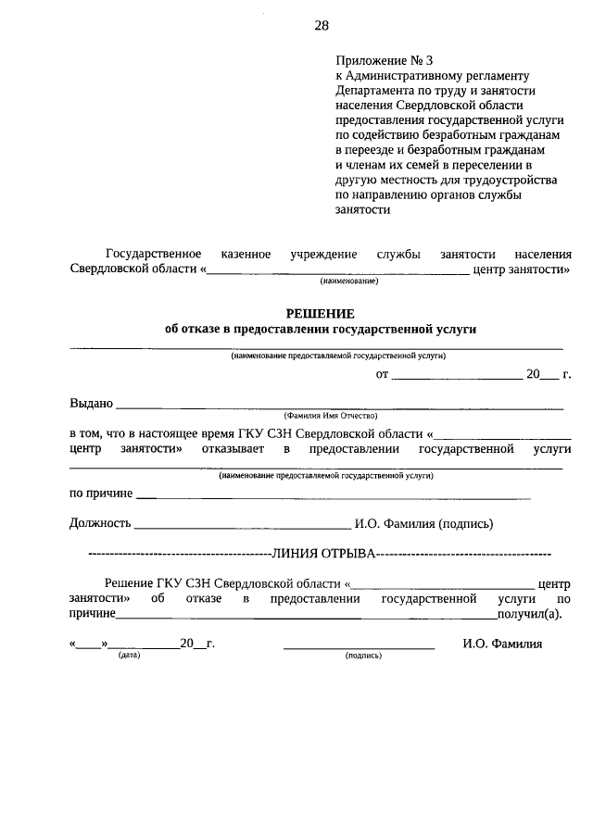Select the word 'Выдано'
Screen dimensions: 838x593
click(x=91, y=403)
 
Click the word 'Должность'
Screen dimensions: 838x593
click(x=101, y=523)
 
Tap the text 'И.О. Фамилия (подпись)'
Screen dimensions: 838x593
click(x=423, y=523)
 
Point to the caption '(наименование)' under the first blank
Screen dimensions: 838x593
click(x=349, y=281)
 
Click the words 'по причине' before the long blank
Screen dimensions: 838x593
click(x=101, y=493)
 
